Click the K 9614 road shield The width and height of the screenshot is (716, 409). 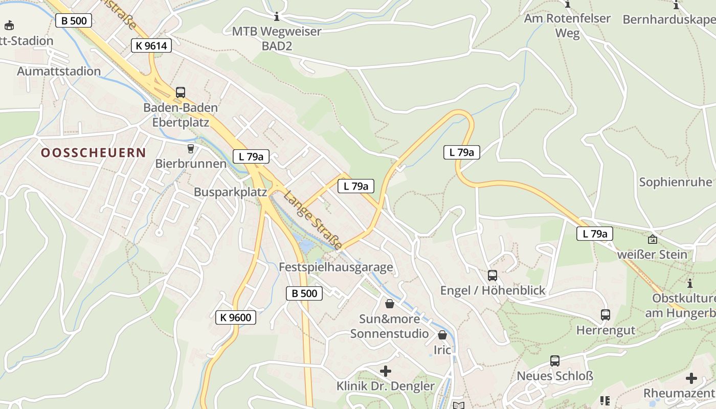pos(151,46)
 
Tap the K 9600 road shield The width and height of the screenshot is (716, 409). pos(235,317)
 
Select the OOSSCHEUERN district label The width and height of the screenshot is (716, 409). pos(94,152)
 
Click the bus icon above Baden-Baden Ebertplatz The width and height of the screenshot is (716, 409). pos(181,93)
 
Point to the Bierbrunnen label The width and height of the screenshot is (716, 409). pos(191,164)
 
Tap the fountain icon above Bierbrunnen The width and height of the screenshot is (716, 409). pos(191,149)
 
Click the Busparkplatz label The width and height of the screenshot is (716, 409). pos(230,192)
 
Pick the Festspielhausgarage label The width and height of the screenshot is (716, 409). pos(335,267)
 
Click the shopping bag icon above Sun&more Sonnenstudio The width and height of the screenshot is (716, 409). pos(390,304)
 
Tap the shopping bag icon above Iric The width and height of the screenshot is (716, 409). pos(442,335)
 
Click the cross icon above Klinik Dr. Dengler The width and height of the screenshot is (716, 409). pos(386,371)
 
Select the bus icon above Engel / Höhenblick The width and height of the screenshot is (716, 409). pos(493,276)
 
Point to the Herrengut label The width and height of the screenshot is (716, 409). pos(606,330)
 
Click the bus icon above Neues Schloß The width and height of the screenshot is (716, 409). pos(555,361)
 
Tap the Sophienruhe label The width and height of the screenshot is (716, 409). pos(675,182)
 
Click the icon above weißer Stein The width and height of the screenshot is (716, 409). pos(653,239)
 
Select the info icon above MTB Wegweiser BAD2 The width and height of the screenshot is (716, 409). pos(277,16)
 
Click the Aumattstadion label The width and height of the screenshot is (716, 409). pos(59,71)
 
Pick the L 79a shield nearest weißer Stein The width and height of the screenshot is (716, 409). pos(595,234)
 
